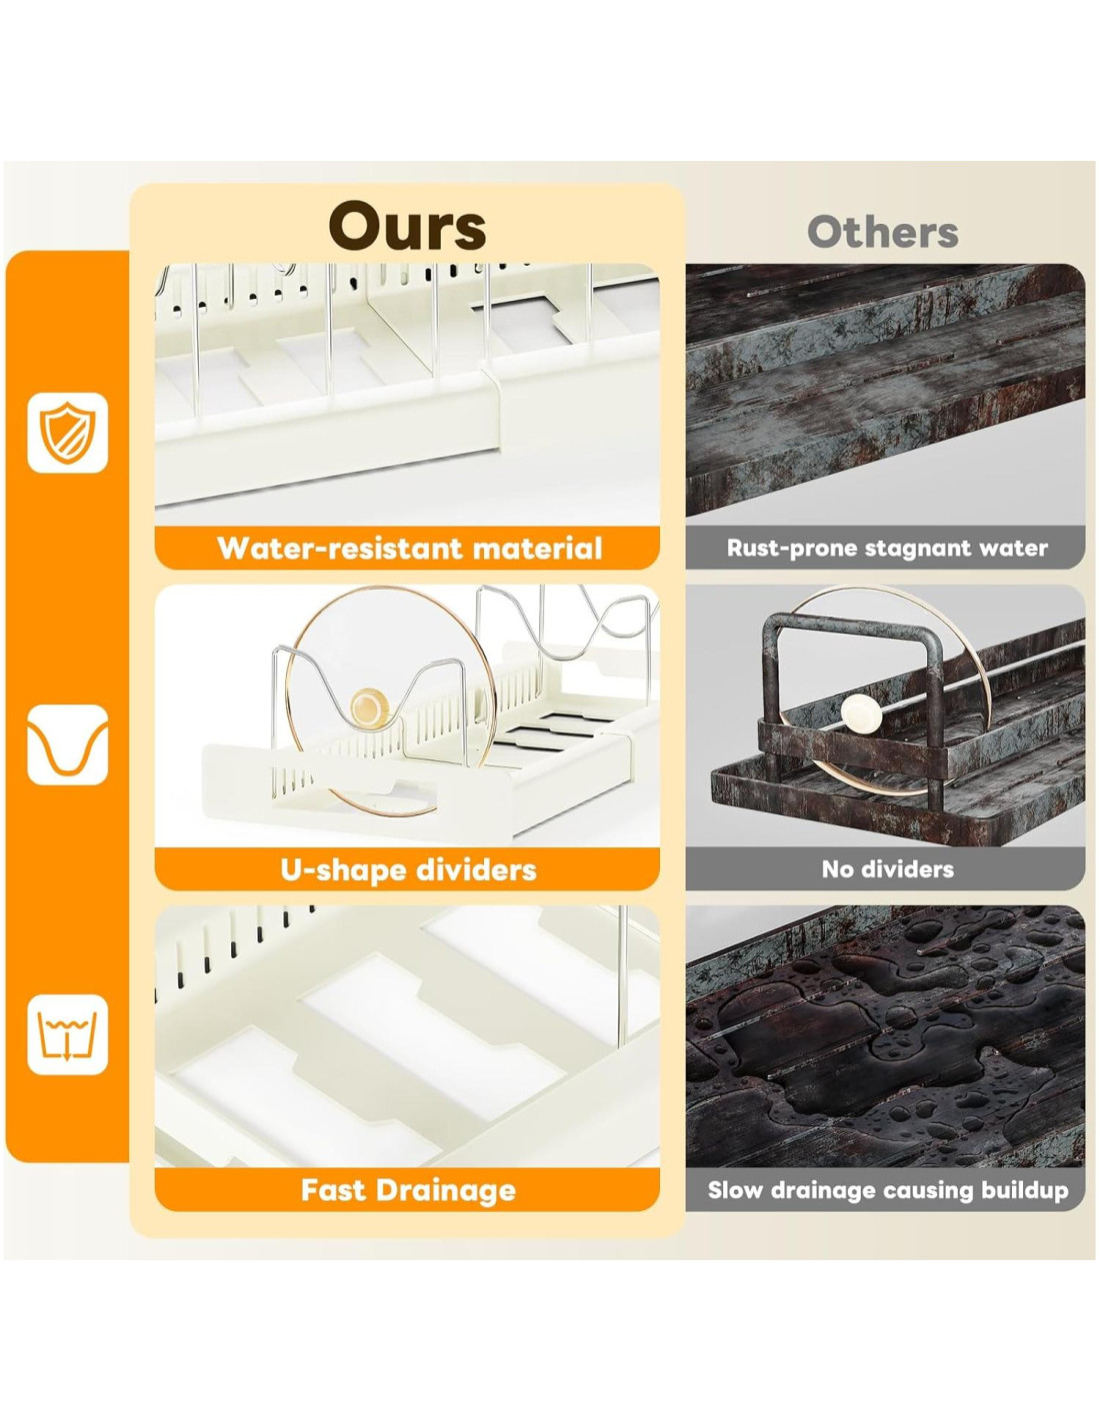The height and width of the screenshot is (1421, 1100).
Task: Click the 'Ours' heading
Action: [x=407, y=226]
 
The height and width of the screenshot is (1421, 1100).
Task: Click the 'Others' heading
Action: [x=882, y=232]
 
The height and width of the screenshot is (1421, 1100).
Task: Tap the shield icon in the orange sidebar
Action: [x=67, y=433]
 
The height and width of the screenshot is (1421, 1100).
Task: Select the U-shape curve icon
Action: [x=67, y=744]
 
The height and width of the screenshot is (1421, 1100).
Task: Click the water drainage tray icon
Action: [x=67, y=1034]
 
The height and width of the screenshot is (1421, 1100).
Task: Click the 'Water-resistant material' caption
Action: [x=408, y=548]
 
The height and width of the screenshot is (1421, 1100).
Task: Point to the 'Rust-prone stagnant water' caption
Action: [x=886, y=548]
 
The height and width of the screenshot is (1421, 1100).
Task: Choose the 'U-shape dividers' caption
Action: [x=408, y=869]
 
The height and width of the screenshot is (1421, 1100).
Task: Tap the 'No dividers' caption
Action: [x=887, y=869]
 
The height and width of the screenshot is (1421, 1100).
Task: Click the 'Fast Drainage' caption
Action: [x=408, y=1190]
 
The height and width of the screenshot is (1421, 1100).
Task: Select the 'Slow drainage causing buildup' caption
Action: [x=887, y=1190]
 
